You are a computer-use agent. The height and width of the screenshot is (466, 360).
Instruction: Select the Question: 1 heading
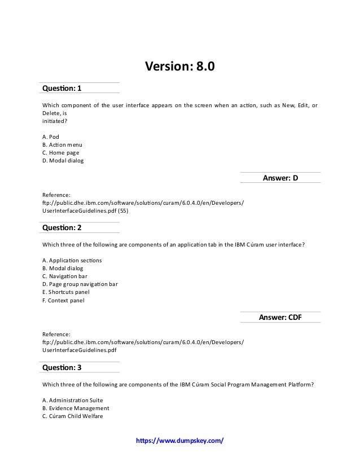(x=62, y=88)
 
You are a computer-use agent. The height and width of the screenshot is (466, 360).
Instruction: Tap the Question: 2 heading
(x=62, y=228)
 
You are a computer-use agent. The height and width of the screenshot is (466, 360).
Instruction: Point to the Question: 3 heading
(x=62, y=367)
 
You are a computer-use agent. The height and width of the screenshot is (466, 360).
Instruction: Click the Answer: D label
(x=280, y=178)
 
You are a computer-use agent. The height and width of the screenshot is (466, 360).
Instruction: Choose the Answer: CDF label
(x=280, y=318)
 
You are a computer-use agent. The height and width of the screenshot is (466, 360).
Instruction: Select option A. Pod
(x=51, y=137)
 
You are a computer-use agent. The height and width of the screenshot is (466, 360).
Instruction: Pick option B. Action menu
(x=62, y=144)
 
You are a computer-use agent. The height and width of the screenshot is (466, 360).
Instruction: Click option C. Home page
(x=61, y=152)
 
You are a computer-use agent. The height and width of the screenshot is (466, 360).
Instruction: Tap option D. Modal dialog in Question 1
(x=63, y=161)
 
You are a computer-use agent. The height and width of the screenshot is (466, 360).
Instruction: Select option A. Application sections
(x=72, y=261)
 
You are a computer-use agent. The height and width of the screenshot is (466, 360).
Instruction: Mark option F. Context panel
(x=64, y=300)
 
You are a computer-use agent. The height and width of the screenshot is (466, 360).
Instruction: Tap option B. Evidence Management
(x=76, y=408)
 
